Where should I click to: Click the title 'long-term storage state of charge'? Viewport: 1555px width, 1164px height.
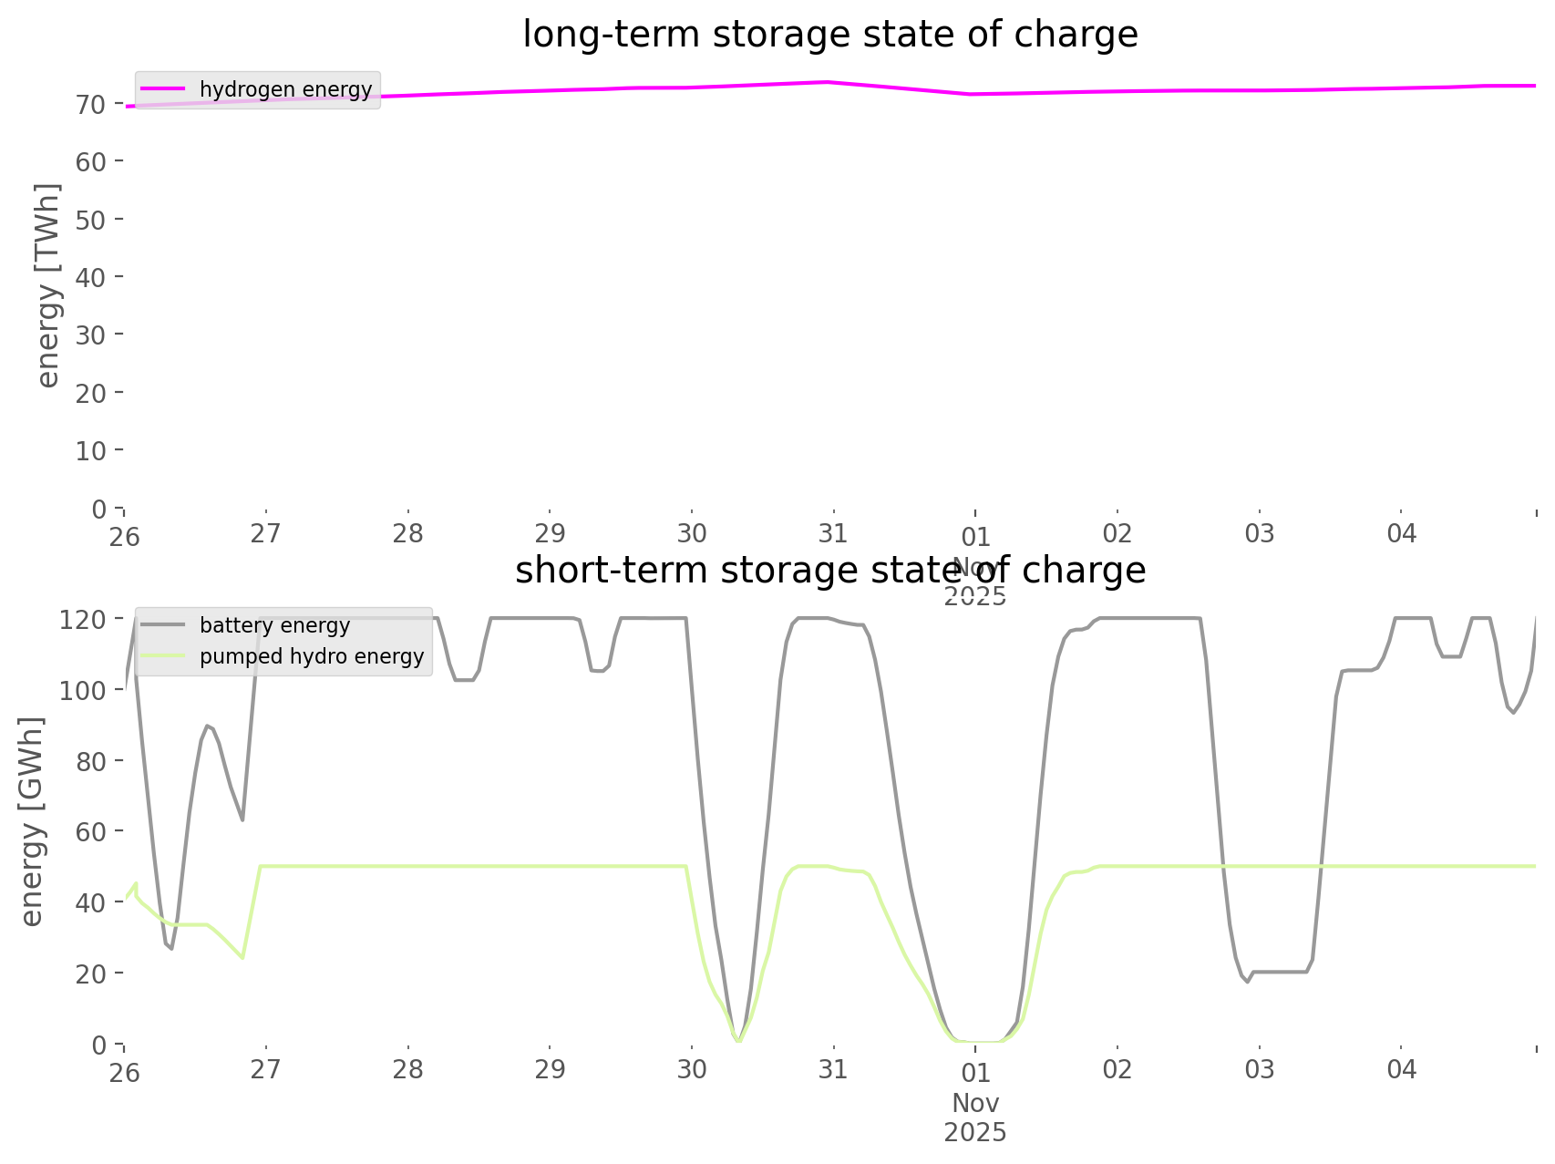[829, 35]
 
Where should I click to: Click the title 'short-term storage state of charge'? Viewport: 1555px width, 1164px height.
[829, 571]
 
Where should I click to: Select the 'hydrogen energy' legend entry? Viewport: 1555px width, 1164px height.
[285, 89]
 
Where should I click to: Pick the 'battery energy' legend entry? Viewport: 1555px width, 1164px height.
[274, 625]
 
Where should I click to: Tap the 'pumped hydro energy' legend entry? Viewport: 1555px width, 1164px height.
[312, 656]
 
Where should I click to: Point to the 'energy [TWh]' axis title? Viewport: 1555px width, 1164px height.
[48, 285]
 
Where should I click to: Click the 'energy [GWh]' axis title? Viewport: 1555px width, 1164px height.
[32, 821]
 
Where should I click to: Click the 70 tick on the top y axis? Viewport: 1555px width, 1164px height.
[91, 104]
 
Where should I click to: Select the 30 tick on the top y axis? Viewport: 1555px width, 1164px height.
[91, 335]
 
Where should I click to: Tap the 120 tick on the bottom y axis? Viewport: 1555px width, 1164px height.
[84, 619]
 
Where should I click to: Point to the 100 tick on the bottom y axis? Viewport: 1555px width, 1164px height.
[84, 690]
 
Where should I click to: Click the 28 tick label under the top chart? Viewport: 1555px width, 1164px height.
[408, 534]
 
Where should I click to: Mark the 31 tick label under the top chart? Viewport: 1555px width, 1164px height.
[833, 534]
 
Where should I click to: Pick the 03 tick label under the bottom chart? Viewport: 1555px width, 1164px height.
[1260, 1070]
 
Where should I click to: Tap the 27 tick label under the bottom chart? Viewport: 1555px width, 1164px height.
[266, 1070]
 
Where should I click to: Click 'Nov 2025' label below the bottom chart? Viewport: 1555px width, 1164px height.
[975, 1118]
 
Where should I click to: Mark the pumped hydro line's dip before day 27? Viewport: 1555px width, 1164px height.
[242, 957]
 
